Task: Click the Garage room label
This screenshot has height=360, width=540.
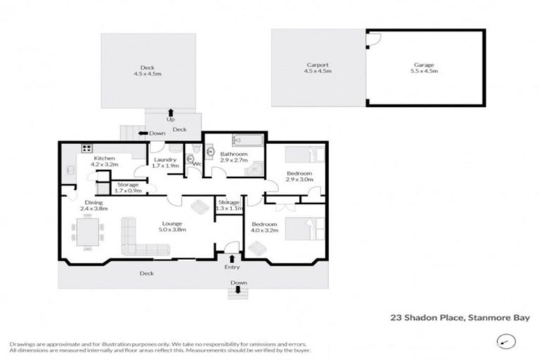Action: pyautogui.click(x=425, y=68)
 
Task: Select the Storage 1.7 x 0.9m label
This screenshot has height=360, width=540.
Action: pyautogui.click(x=127, y=188)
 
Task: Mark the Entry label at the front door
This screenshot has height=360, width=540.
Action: pyautogui.click(x=233, y=267)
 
